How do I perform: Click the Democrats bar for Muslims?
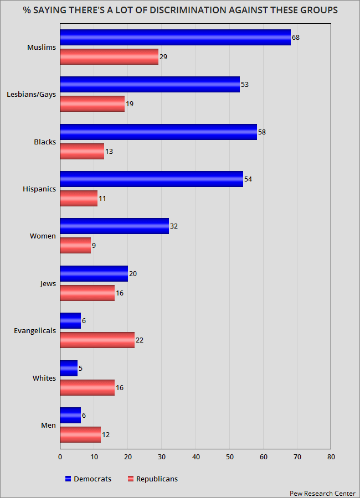[x=175, y=37]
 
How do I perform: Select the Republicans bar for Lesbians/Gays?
[x=92, y=104]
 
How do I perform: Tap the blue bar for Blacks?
[x=158, y=132]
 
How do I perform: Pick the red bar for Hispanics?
[x=79, y=198]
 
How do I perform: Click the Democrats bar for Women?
[x=114, y=226]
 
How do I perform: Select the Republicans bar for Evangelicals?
[x=97, y=340]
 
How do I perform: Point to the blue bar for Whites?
[x=69, y=368]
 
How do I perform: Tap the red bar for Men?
[x=80, y=434]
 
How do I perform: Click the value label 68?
[x=296, y=38]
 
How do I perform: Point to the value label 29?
[x=163, y=57]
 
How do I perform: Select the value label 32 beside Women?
[x=174, y=226]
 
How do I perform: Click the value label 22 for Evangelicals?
[x=140, y=340]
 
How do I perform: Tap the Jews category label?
[x=48, y=283]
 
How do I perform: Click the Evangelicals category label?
[x=35, y=331]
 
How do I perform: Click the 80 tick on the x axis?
[x=331, y=456]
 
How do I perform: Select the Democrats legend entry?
[x=89, y=479]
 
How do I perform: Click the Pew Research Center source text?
[x=322, y=492]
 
